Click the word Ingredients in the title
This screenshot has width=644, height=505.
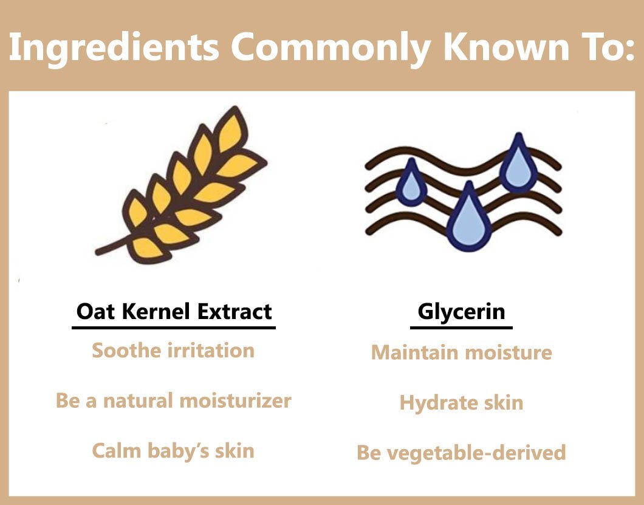pos(114,48)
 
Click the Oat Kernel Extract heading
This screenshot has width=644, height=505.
pos(174,311)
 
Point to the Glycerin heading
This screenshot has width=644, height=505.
pos(461,312)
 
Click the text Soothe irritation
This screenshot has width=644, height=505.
pos(173,351)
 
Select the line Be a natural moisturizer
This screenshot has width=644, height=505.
pos(173,400)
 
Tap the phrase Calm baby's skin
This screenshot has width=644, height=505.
pos(173,451)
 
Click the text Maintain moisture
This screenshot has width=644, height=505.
pos(462,352)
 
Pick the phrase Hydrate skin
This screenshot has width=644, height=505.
pos(461,403)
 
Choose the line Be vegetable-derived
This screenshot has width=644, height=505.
pos(461,452)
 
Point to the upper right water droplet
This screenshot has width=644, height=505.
pos(518,164)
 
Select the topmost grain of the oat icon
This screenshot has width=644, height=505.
pos(231,131)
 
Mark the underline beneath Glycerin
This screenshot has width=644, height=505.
pos(461,328)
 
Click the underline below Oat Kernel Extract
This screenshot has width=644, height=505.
pos(174,328)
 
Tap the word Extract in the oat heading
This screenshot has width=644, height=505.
pos(235,311)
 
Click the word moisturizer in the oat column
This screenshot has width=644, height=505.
pos(235,400)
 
